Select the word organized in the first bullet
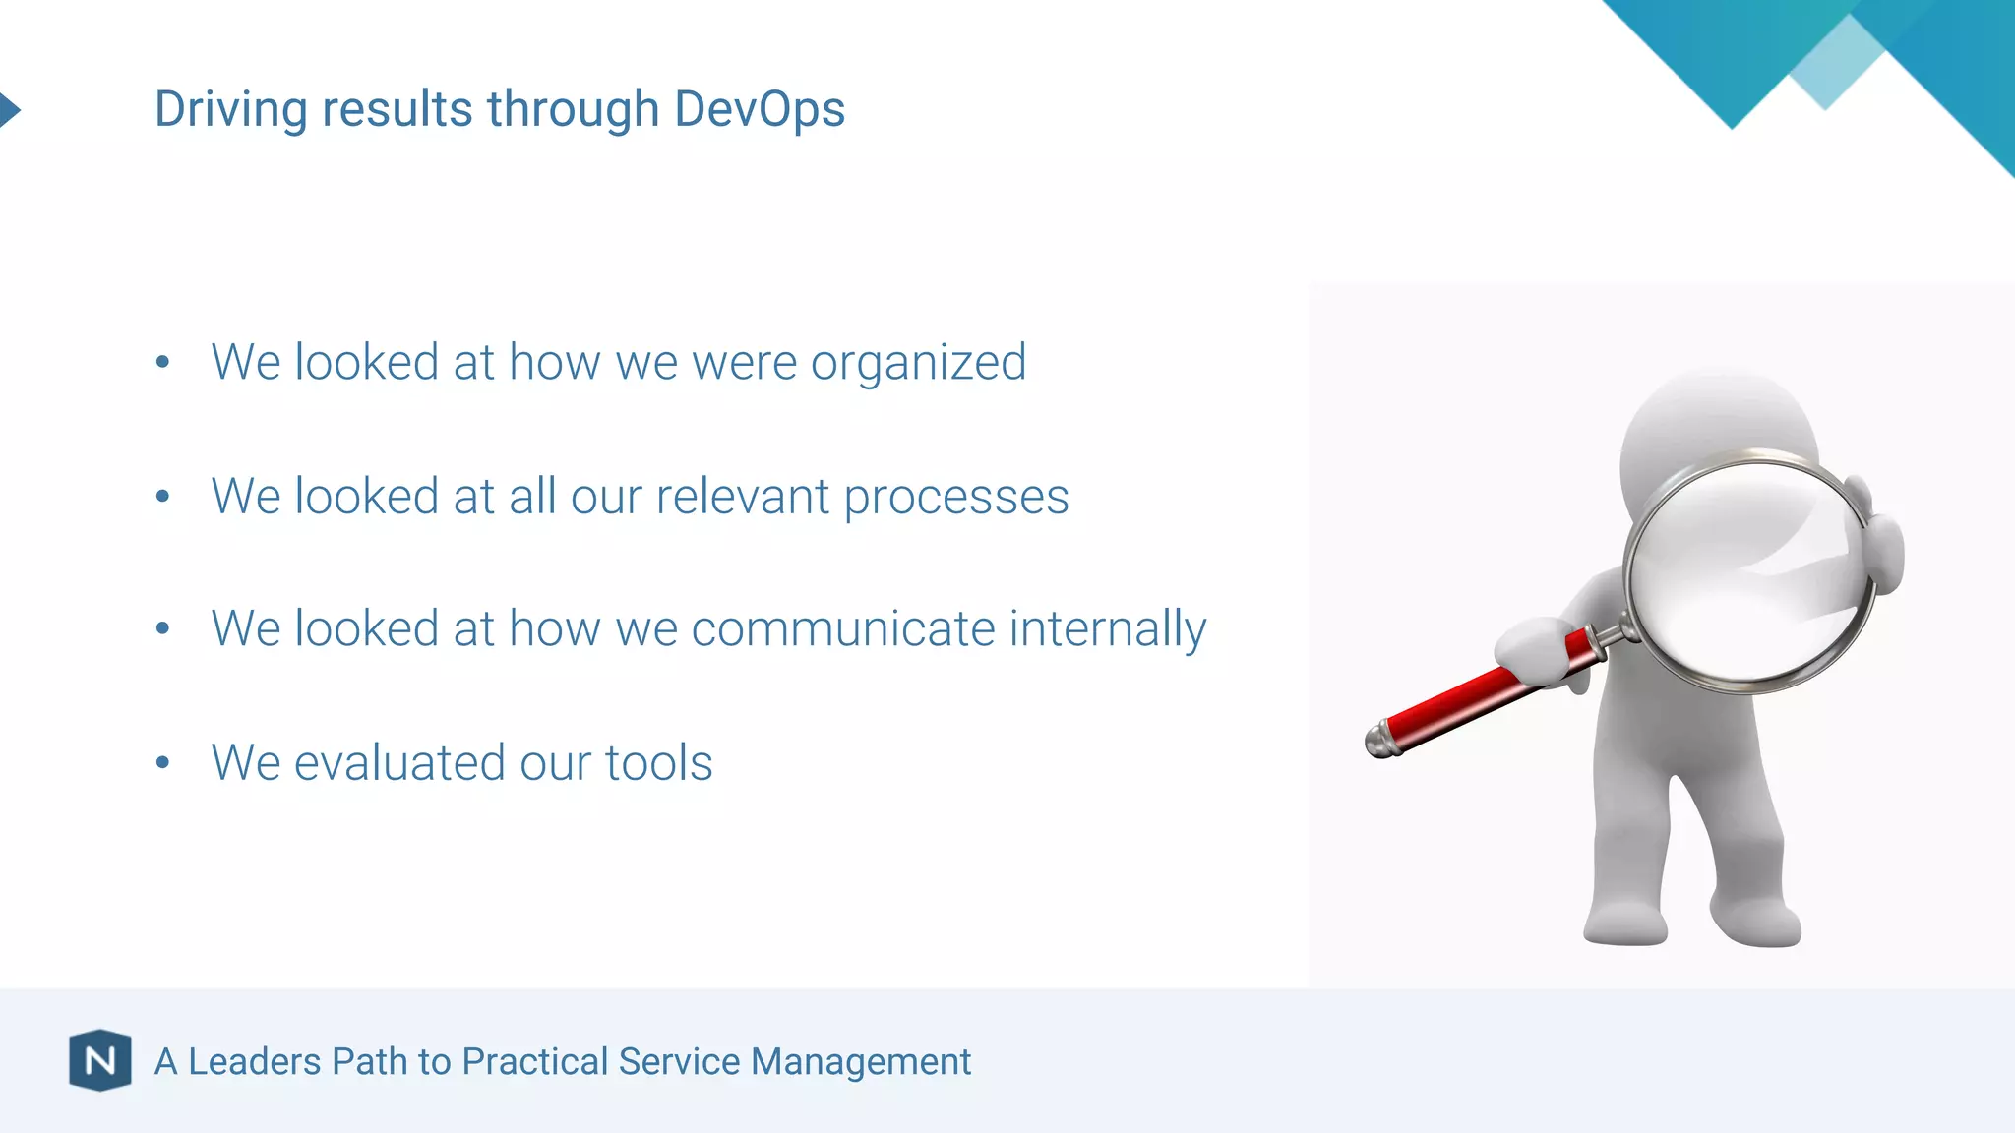coord(918,363)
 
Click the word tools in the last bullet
coord(658,763)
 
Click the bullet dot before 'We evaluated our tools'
coord(163,762)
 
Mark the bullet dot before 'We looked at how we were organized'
coord(163,362)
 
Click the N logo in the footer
coord(100,1060)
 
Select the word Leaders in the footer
coord(254,1062)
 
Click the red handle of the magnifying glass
coord(1456,702)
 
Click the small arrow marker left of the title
coord(9,109)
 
